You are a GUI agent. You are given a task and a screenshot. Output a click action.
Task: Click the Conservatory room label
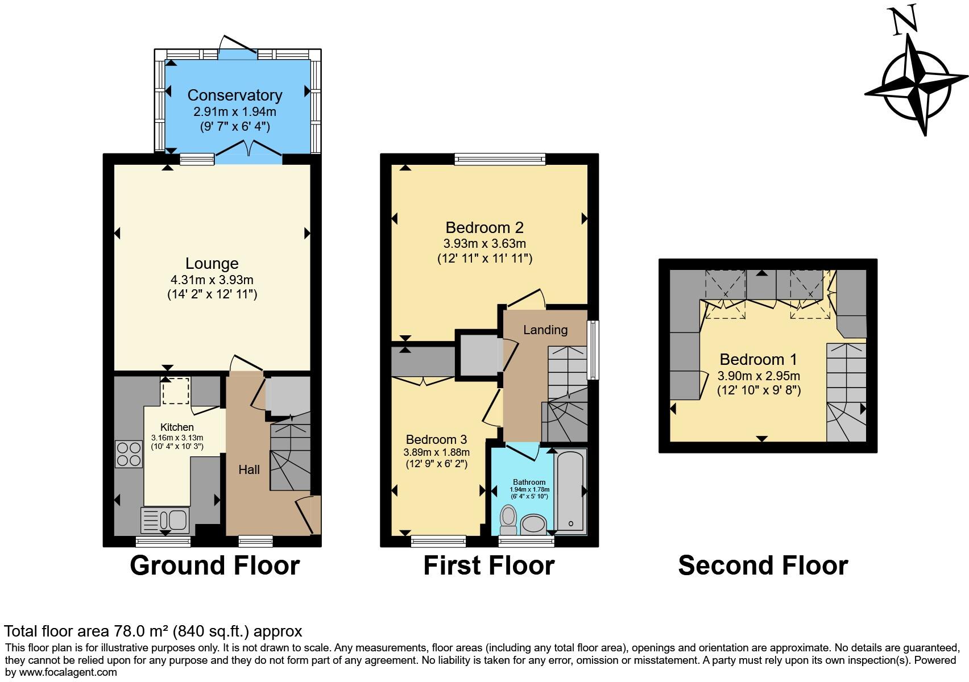[234, 95]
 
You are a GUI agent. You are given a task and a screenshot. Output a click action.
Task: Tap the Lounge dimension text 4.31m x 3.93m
[212, 280]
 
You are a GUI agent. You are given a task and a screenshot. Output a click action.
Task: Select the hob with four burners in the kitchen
[129, 454]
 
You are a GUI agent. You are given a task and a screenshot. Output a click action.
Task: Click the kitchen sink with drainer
[165, 519]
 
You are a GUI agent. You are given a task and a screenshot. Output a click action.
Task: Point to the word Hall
[249, 469]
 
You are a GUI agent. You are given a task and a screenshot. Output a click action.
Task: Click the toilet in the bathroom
[508, 518]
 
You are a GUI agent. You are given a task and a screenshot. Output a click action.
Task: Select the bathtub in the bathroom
[570, 490]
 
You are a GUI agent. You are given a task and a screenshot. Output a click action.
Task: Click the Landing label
[545, 330]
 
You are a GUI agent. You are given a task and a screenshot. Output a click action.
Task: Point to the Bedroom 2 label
[484, 227]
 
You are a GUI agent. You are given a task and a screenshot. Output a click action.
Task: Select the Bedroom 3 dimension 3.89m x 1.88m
[436, 452]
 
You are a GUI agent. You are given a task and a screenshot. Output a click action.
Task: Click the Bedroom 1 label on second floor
[758, 359]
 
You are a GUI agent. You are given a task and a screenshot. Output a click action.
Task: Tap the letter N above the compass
[905, 21]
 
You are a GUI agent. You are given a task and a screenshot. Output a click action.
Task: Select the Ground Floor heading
[214, 565]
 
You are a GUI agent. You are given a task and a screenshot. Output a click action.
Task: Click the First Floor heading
[488, 565]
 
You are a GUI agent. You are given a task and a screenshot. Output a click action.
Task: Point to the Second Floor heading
[763, 565]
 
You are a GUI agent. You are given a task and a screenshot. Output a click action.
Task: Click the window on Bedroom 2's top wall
[500, 159]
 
